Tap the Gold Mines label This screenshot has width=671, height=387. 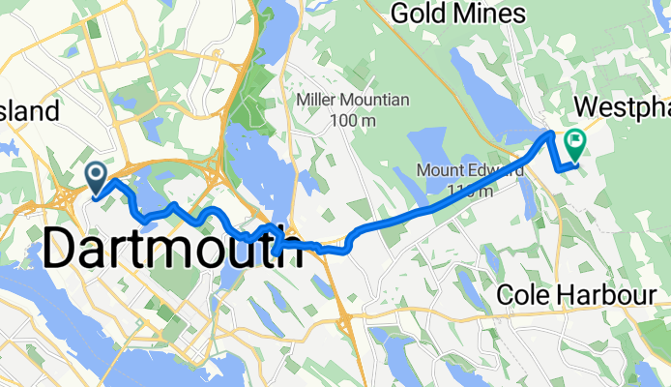tap(458, 14)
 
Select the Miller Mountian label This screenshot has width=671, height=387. tap(353, 101)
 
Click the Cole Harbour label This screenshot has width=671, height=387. tap(577, 295)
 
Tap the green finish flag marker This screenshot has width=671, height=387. tap(576, 144)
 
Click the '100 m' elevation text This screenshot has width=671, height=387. tap(352, 121)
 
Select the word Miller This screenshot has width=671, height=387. tap(320, 101)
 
